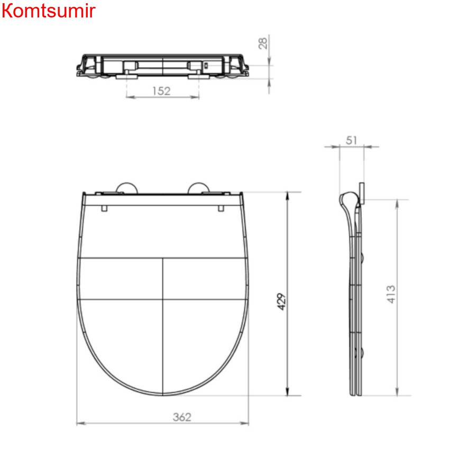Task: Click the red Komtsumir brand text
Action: pyautogui.click(x=48, y=11)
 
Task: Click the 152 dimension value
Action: pyautogui.click(x=161, y=90)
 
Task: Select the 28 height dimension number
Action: pyautogui.click(x=263, y=43)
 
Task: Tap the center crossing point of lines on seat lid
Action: pyautogui.click(x=162, y=298)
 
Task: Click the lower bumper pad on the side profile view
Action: pyautogui.click(x=362, y=353)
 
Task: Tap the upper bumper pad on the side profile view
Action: pyautogui.click(x=362, y=258)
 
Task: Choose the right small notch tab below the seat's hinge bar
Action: pyautogui.click(x=219, y=208)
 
